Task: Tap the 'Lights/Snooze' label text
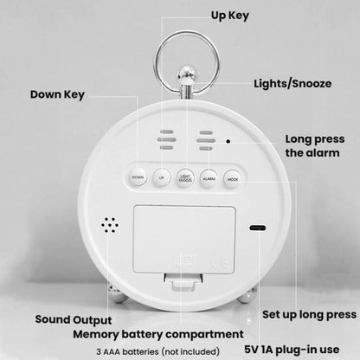pos(291,86)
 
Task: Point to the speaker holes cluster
pos(109,226)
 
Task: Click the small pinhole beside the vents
pos(228,142)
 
